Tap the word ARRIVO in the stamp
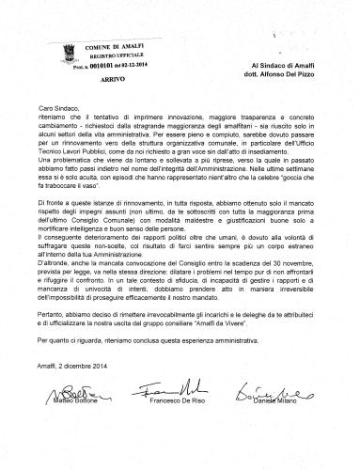(x=86, y=68)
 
